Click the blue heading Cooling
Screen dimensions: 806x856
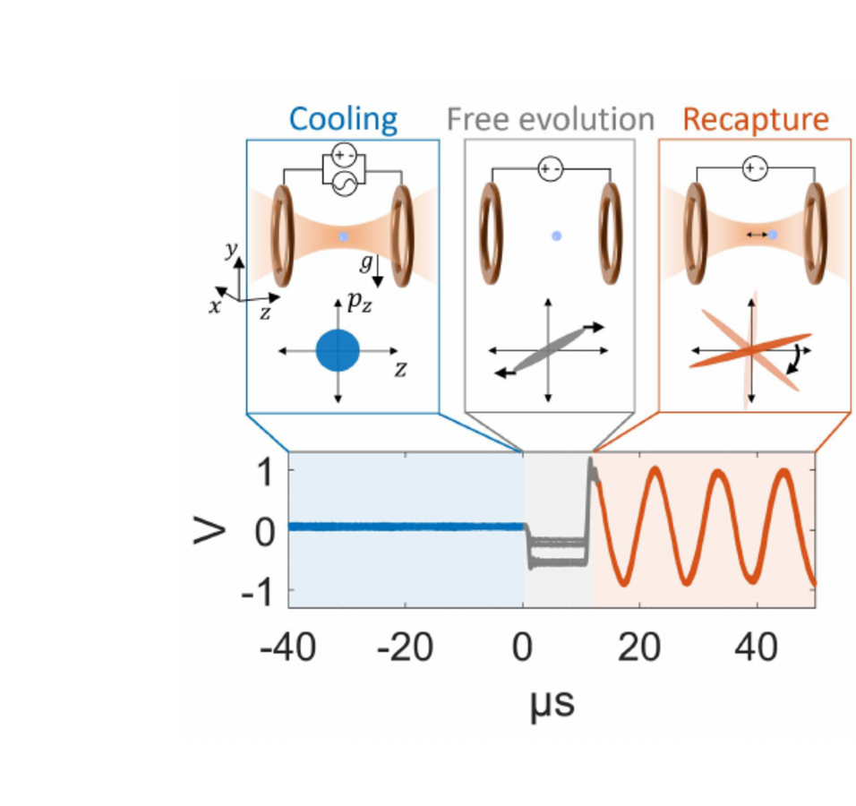click(x=344, y=119)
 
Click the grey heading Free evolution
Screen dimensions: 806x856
click(x=550, y=119)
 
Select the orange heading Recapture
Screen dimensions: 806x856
click(x=755, y=119)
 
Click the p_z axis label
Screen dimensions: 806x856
click(x=360, y=304)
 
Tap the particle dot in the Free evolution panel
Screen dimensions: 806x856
click(x=556, y=236)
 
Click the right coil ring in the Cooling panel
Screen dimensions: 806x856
click(x=399, y=235)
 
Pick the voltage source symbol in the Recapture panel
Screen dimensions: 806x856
click(x=755, y=167)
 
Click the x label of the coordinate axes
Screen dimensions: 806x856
click(x=215, y=306)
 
